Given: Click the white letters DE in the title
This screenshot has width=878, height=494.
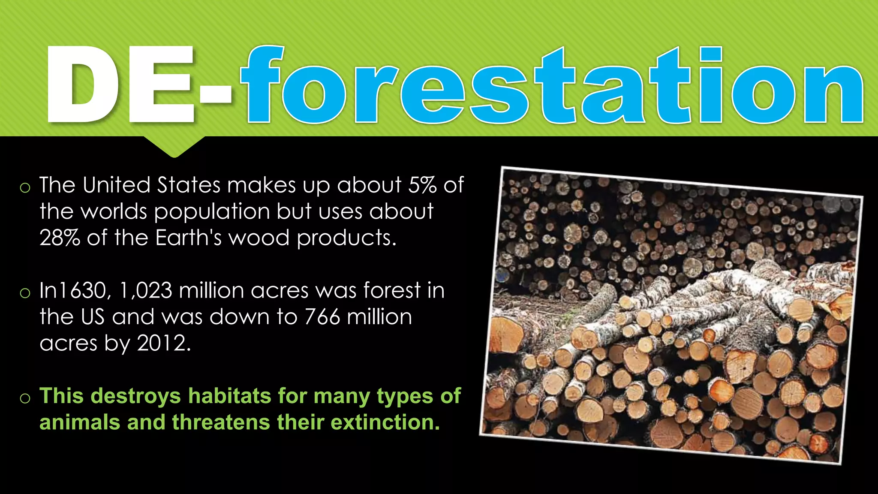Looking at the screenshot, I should [x=120, y=84].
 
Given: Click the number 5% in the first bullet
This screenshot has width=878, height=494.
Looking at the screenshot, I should [x=422, y=185].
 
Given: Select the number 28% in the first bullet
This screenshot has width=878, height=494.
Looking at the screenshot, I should [x=60, y=238].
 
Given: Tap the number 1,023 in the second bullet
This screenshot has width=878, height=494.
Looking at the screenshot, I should [x=146, y=290].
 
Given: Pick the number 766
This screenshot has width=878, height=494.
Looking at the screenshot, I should [x=322, y=317].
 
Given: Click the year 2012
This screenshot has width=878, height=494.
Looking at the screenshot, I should [x=163, y=343].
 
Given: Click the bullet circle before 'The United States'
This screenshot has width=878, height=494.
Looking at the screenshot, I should [x=25, y=187].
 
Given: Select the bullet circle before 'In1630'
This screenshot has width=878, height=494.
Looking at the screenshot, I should [x=25, y=293].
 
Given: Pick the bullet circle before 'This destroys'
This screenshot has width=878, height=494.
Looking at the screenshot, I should [x=25, y=398].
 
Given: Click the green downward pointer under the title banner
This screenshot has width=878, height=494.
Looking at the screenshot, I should [x=174, y=146].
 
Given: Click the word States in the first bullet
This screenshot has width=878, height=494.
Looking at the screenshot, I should [x=189, y=185].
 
